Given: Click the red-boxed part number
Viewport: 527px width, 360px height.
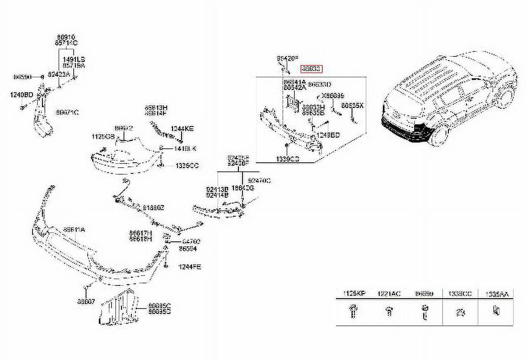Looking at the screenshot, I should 311,69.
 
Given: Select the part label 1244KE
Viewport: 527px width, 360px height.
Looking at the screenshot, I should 183,129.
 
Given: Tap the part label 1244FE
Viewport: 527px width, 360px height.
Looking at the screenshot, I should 189,267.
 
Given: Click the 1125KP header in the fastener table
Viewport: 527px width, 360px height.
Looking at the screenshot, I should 354,294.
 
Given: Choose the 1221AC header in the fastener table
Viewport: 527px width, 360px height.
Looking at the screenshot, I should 389,294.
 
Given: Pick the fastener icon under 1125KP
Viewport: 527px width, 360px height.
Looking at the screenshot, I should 353,311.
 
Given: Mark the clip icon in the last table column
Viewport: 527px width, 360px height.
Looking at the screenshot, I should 496,311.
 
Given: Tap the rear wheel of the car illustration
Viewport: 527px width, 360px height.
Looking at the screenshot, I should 505,97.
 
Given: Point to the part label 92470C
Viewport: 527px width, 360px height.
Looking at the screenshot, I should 259,180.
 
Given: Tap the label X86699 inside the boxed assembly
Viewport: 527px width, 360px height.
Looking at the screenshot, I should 333,96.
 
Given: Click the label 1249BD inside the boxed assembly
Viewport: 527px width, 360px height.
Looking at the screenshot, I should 328,135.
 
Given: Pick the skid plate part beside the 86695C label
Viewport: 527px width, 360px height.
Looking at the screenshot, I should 119,308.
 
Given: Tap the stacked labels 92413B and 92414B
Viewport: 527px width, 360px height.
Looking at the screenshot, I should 217,192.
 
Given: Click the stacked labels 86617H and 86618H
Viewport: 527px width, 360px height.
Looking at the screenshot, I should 140,236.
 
